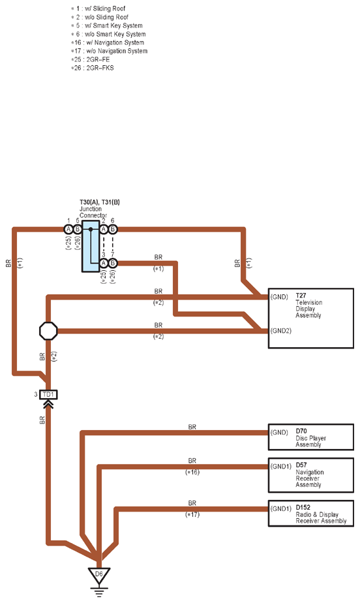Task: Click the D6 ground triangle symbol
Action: pyautogui.click(x=99, y=574)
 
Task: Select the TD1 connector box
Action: pyautogui.click(x=48, y=395)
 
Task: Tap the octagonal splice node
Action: pyautogui.click(x=48, y=331)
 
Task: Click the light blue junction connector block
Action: pyautogui.click(x=91, y=246)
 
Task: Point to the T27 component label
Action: pyautogui.click(x=301, y=296)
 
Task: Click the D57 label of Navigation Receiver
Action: pyautogui.click(x=301, y=465)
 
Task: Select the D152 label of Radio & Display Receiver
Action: pyautogui.click(x=303, y=507)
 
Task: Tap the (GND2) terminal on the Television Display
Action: pyautogui.click(x=281, y=331)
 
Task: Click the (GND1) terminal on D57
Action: pyautogui.click(x=281, y=467)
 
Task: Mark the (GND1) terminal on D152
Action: pyautogui.click(x=281, y=509)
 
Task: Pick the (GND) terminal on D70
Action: pyautogui.click(x=279, y=433)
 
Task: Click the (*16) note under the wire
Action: pyautogui.click(x=192, y=472)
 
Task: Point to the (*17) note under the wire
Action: pyautogui.click(x=192, y=514)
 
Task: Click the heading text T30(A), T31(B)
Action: pyautogui.click(x=100, y=202)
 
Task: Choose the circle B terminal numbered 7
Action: pyautogui.click(x=113, y=263)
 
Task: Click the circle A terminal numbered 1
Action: pyautogui.click(x=68, y=229)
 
